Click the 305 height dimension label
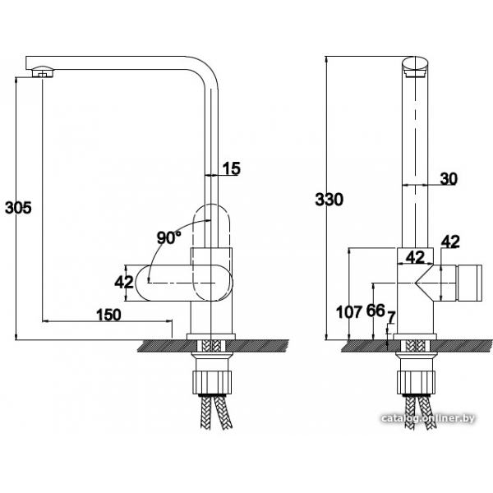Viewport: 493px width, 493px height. pos(18,208)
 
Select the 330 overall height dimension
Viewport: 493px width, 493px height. pos(329,200)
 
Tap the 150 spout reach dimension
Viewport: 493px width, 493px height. pos(108,315)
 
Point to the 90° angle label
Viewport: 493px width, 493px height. pos(168,237)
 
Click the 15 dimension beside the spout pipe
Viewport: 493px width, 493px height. pos(232,168)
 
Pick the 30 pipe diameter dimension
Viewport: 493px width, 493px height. pos(449,178)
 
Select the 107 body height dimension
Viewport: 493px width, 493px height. pos(349,312)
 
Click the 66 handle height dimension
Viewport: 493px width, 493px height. pos(376,311)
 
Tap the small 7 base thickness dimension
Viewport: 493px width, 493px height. pos(391,317)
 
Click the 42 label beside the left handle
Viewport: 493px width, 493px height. pos(124,282)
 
